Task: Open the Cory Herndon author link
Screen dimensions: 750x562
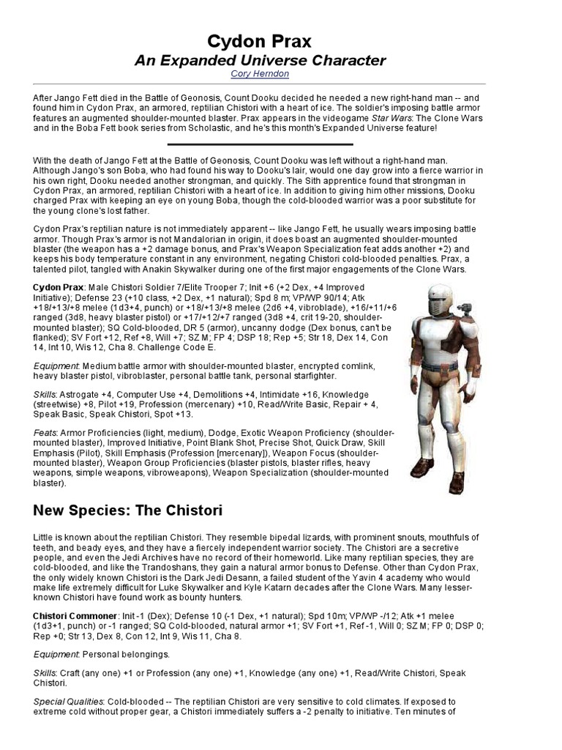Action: (x=260, y=75)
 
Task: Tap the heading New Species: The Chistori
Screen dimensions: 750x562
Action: (x=128, y=509)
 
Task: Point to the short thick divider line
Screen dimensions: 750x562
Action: (x=260, y=144)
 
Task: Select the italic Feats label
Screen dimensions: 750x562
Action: (x=45, y=433)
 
